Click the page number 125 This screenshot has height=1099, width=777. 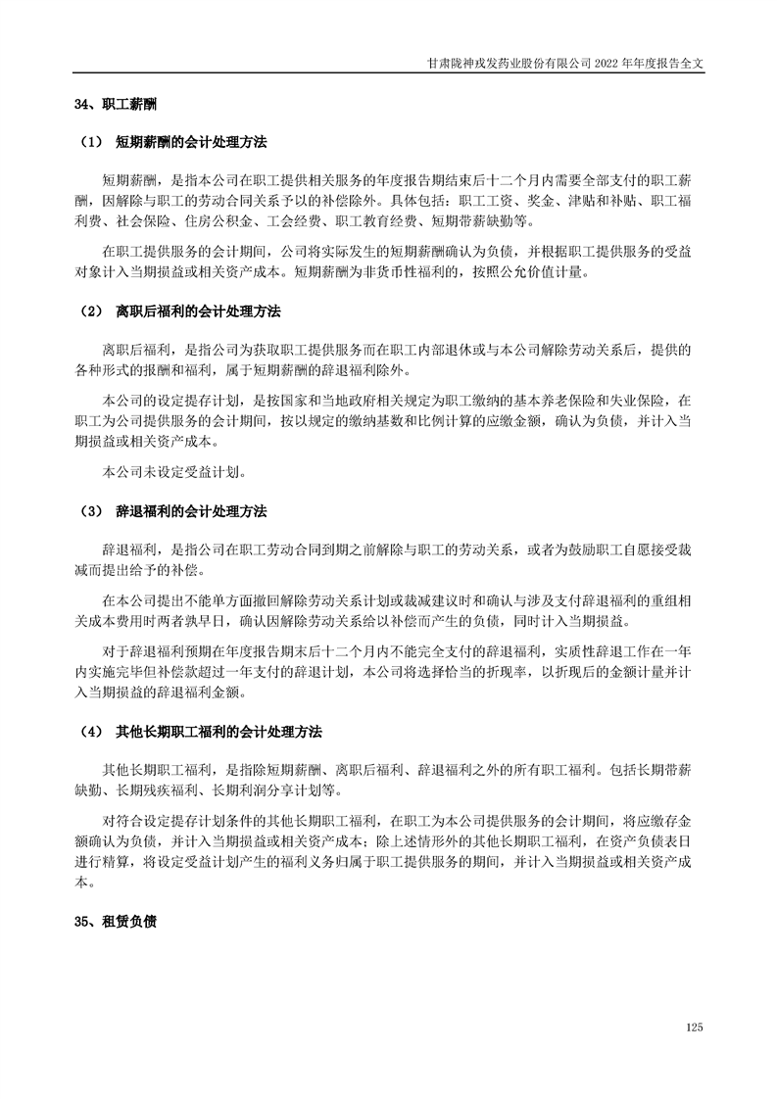point(695,1027)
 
